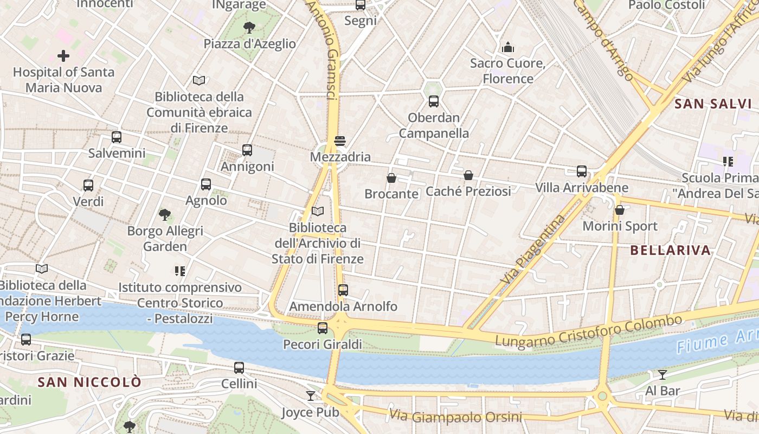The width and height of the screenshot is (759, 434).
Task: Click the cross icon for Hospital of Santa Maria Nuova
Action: tap(63, 56)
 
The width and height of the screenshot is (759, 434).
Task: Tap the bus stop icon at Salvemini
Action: tap(117, 137)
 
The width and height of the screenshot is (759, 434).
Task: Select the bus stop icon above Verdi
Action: tap(88, 186)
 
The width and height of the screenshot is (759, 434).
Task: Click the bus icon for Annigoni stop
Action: tap(247, 150)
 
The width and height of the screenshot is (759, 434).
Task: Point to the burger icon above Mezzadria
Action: tap(340, 141)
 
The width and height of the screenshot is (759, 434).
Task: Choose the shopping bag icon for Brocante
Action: tap(391, 178)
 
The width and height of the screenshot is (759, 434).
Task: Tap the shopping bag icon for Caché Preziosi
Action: tap(468, 175)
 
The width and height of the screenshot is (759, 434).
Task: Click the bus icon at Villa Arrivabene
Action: tap(582, 171)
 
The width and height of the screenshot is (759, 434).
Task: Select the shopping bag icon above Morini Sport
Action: tap(620, 210)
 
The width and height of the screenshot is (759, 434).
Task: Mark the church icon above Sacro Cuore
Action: tap(508, 47)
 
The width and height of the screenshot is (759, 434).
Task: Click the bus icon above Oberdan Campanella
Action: tap(434, 101)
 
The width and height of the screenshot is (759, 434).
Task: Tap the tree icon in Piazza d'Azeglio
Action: tap(249, 27)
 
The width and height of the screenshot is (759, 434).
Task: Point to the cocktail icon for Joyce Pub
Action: tap(311, 396)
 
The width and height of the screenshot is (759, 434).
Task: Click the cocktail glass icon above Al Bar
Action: tap(662, 374)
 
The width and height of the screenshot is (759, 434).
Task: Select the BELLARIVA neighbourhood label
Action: tap(671, 250)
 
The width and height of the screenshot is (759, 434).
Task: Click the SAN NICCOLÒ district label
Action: tap(89, 382)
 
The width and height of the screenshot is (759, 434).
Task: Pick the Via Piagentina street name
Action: tap(533, 250)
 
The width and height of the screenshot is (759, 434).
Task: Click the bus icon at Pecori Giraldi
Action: tap(323, 328)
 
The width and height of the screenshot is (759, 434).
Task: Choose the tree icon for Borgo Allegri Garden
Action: tap(165, 215)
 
